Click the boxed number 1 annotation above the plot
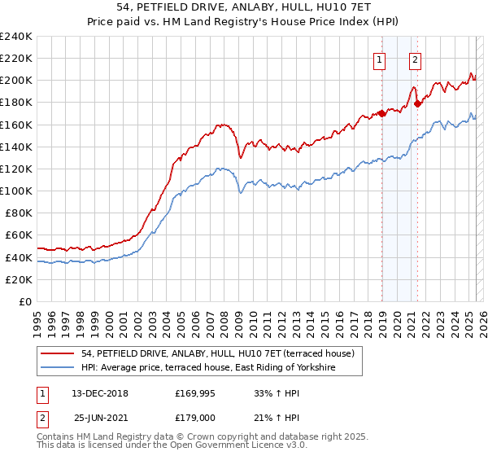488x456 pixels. (380, 58)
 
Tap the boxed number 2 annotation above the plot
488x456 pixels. (415, 58)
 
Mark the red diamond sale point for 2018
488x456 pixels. (381, 113)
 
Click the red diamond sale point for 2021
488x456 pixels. (417, 103)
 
